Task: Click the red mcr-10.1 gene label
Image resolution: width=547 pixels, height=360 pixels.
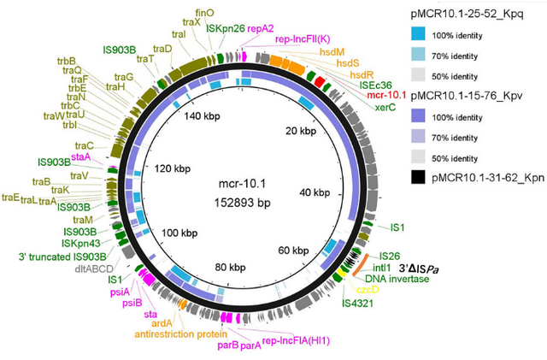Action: coord(386,95)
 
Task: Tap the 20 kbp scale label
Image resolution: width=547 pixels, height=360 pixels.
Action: coord(301,131)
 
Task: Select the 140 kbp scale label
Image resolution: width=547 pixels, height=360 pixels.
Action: coord(203,116)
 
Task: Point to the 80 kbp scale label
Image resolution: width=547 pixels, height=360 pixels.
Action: coord(230,268)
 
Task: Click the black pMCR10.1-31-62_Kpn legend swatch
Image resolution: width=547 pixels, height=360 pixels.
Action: coord(418,177)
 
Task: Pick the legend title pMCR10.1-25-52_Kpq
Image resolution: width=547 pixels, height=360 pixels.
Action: coord(468,15)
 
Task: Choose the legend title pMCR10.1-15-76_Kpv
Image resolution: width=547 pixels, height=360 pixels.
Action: coord(467,96)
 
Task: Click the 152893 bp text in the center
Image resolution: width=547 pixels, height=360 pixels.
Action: coord(243,203)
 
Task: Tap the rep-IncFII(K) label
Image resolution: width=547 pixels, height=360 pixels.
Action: coord(303,39)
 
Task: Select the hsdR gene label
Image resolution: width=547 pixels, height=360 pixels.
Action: coord(362,74)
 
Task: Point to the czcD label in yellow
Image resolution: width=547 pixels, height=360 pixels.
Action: coord(368,290)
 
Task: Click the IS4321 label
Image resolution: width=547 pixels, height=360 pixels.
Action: coord(357,303)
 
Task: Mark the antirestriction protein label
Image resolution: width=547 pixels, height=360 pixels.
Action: coord(181,334)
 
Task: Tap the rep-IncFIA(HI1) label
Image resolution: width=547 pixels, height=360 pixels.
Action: coord(296,341)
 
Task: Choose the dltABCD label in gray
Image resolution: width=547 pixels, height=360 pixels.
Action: coord(94,269)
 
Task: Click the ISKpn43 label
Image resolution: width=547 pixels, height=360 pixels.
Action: coord(81,243)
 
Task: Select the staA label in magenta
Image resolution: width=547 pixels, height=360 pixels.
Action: coord(81,157)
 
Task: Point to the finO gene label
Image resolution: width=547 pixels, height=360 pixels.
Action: coord(205,13)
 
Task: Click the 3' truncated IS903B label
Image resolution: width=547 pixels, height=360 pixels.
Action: coord(62,257)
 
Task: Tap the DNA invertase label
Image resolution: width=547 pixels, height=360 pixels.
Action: coord(397,279)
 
